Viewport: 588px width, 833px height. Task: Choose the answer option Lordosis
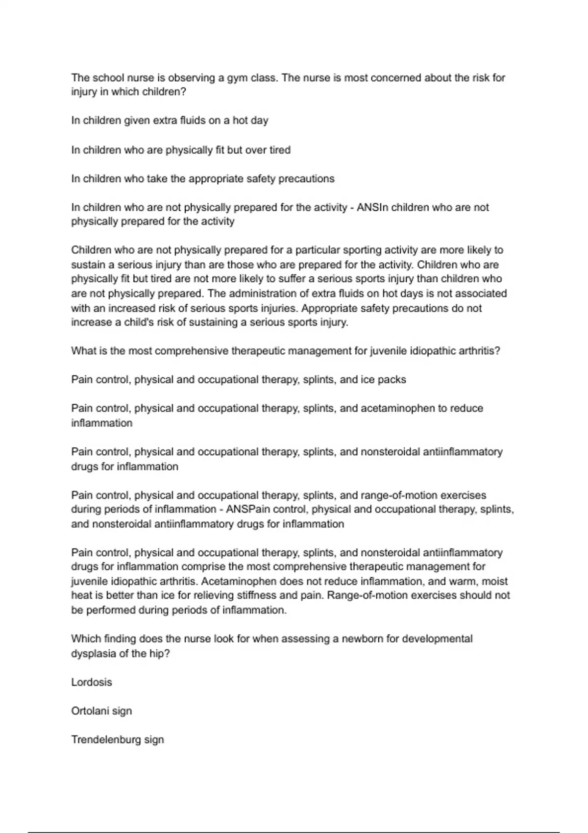(92, 682)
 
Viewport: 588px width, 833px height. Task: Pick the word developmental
(437, 639)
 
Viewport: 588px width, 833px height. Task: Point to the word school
(108, 78)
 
